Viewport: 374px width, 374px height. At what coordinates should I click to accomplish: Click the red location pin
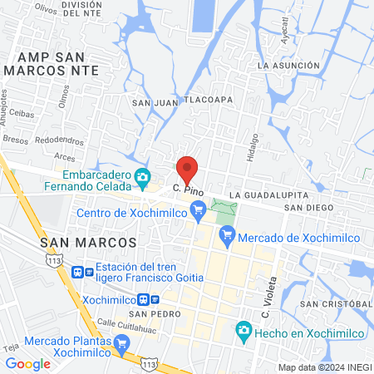(x=187, y=169)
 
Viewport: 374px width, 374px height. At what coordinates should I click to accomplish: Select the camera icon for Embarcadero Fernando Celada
(x=143, y=176)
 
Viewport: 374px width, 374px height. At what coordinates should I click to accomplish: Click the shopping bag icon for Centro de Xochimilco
(x=198, y=214)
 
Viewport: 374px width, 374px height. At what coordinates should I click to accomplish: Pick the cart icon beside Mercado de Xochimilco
(x=228, y=239)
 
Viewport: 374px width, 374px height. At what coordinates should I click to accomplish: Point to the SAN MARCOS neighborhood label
(x=87, y=241)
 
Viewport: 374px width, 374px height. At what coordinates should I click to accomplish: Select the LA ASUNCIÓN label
(x=288, y=65)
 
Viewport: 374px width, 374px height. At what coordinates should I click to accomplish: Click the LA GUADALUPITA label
(x=263, y=194)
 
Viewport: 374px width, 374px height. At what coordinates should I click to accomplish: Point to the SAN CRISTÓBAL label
(x=335, y=304)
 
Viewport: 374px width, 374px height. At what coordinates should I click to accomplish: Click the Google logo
(x=27, y=363)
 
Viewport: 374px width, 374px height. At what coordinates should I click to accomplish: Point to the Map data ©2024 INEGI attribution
(x=324, y=367)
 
